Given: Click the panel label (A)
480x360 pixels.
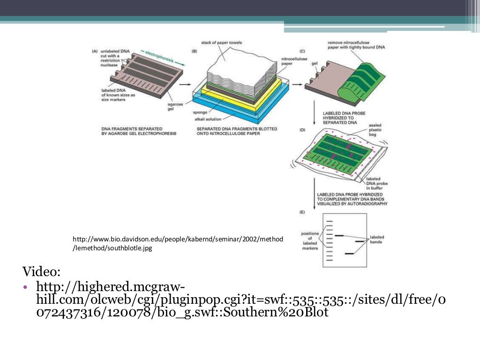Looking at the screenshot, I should click(x=95, y=51).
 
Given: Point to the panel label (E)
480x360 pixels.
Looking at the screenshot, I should click(x=302, y=212).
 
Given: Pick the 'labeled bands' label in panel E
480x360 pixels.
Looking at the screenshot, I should click(x=377, y=240).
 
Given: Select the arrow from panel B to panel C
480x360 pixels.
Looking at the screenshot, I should click(x=297, y=85).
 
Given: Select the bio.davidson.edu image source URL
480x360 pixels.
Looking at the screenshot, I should click(x=178, y=244).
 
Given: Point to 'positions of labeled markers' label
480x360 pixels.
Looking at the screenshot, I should click(x=310, y=241).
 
